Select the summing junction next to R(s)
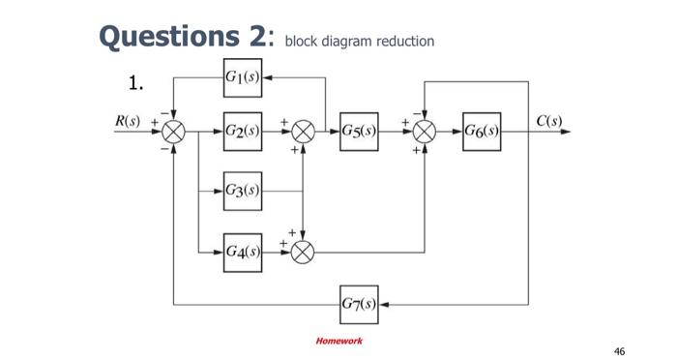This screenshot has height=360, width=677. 174,132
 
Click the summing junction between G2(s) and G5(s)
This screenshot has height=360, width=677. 304,132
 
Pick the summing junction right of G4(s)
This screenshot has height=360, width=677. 304,253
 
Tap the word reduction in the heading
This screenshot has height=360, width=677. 402,42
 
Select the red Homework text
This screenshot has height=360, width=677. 338,341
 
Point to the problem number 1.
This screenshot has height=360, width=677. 136,82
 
